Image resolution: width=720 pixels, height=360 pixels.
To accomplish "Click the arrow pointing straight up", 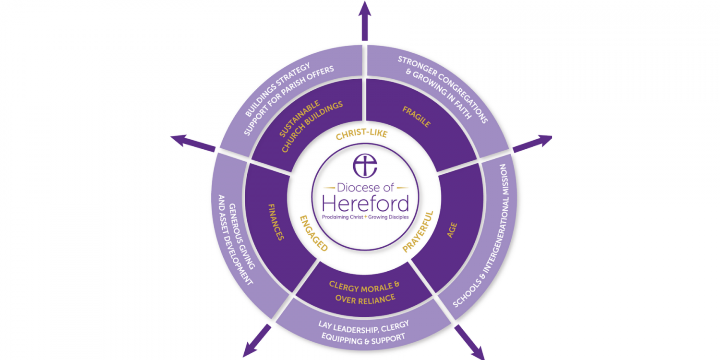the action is [x=364, y=21].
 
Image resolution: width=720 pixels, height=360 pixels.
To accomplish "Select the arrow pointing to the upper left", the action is [x=193, y=143].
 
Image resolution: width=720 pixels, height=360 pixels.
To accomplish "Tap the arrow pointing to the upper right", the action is [x=532, y=144].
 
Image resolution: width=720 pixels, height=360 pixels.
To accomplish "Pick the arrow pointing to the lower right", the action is [x=469, y=342].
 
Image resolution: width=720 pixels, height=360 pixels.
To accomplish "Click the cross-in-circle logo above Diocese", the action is [x=365, y=166].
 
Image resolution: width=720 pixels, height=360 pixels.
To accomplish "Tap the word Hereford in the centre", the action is [x=365, y=204].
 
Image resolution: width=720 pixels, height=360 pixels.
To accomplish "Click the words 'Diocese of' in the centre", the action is [x=365, y=187].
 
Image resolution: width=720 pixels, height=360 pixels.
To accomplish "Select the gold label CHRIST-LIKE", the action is [x=361, y=134].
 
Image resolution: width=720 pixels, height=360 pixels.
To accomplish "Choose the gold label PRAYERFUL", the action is [x=418, y=232].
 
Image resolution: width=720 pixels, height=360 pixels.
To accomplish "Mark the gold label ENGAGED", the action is [x=314, y=233].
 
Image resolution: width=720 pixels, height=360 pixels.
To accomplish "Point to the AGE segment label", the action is [x=452, y=230].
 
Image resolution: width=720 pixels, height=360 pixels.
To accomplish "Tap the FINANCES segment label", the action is [x=276, y=222].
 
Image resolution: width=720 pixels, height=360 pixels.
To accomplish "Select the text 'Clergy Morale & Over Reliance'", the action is [x=365, y=292].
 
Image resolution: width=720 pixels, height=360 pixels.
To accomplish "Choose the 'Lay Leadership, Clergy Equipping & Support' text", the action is [x=364, y=332].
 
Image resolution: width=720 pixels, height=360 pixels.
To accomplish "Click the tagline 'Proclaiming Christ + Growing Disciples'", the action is [x=365, y=217].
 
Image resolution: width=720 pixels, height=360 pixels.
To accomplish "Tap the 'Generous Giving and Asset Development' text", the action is [x=236, y=240].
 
